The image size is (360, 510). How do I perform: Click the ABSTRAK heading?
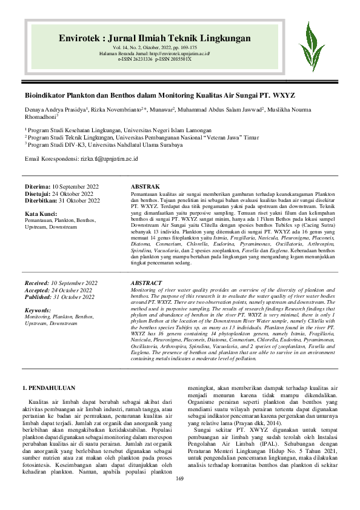coord(145,186)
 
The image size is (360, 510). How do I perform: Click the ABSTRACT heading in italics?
coord(147,283)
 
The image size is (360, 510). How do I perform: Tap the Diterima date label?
coord(37,186)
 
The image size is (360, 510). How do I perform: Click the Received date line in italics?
coord(61,283)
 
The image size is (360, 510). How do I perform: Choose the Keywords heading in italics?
coord(38,310)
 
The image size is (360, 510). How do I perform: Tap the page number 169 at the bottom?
coord(179,495)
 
